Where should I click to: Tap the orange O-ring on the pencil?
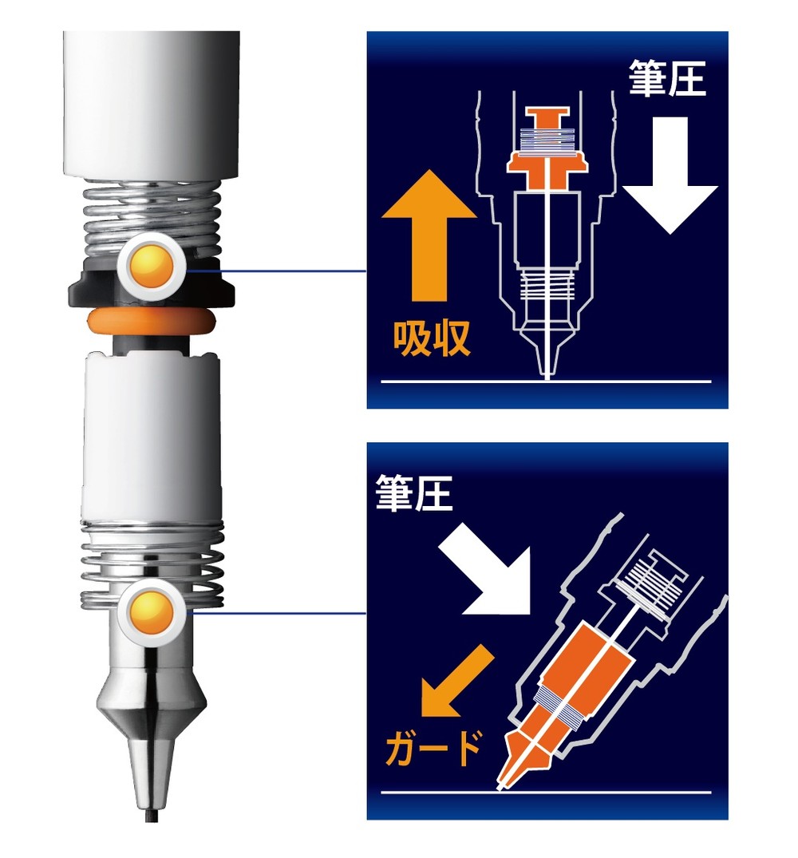pos(152,322)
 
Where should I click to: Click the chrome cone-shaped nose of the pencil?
pos(152,702)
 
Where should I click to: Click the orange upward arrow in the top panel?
pos(429,239)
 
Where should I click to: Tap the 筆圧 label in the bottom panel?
pos(414,496)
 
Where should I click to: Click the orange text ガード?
pos(435,749)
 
